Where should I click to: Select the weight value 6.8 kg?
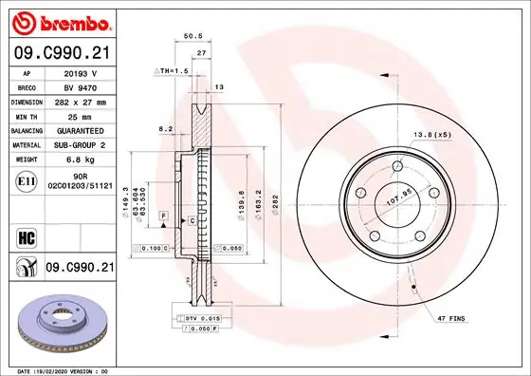click(x=79, y=160)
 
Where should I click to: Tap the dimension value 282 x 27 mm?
click(x=79, y=101)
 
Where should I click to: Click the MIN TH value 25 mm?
click(x=79, y=115)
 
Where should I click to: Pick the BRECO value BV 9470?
click(x=79, y=85)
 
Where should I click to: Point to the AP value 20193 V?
click(x=79, y=71)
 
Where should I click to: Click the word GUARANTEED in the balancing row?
click(x=79, y=130)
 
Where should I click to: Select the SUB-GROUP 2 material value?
click(x=79, y=145)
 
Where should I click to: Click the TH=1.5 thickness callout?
click(x=172, y=71)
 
